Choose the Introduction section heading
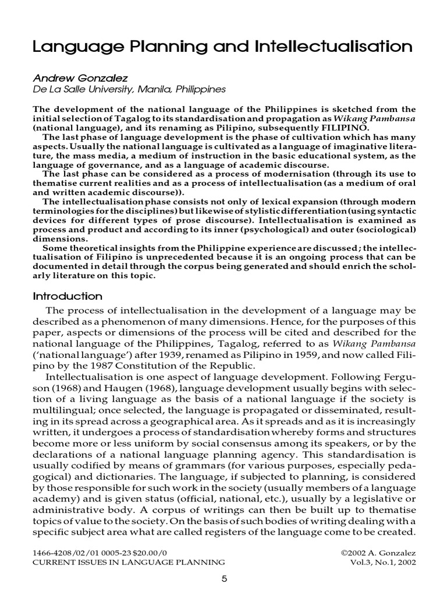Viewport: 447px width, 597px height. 68,296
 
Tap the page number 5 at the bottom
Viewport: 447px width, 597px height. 224,579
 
